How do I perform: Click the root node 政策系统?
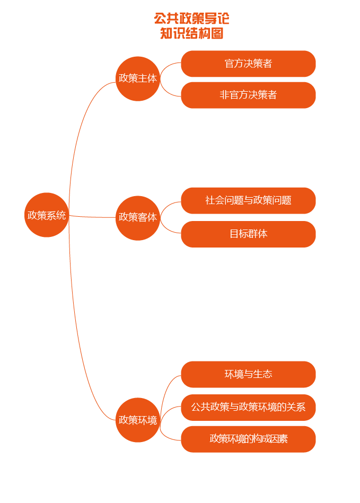(47, 215)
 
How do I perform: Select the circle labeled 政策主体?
(138, 78)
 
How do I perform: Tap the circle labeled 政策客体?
(138, 217)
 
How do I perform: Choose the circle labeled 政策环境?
(138, 420)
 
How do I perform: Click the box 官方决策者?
(248, 64)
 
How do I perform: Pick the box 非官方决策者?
(248, 95)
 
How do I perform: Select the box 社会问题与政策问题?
(248, 200)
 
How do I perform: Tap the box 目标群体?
(248, 234)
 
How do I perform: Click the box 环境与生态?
(248, 374)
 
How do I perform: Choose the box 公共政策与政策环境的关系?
(248, 407)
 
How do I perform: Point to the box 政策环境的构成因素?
(248, 439)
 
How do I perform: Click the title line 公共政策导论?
(191, 19)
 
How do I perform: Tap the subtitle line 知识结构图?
(191, 33)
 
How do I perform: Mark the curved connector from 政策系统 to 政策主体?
(80, 122)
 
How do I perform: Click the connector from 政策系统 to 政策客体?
(93, 217)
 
